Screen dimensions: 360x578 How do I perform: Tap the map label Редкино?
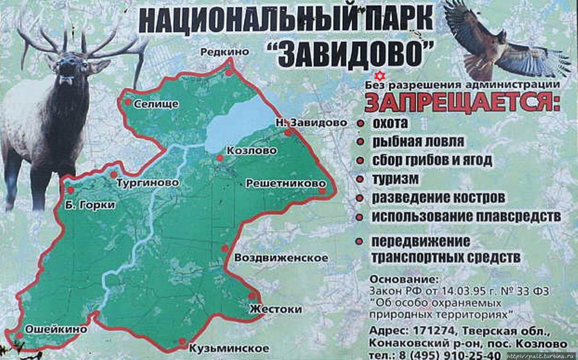tap(224, 52)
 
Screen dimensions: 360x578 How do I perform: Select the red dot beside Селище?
tap(128, 102)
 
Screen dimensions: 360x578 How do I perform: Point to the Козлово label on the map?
tap(252, 151)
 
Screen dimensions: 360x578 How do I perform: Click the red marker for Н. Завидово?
tap(288, 133)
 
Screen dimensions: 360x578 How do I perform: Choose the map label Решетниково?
tap(285, 183)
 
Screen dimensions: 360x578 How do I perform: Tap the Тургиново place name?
tap(148, 183)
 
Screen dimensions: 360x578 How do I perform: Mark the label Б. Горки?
tap(91, 205)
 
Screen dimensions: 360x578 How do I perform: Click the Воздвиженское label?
tap(281, 258)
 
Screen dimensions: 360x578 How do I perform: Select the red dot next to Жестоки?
tap(252, 296)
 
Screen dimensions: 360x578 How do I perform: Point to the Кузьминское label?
tap(229, 348)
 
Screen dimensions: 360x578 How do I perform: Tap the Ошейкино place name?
tap(56, 329)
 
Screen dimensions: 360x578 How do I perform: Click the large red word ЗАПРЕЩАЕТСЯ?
tap(461, 103)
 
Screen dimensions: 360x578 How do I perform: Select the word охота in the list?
tap(390, 123)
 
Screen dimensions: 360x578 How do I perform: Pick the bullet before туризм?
tap(360, 179)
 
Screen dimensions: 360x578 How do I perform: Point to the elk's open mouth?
tap(66, 81)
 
